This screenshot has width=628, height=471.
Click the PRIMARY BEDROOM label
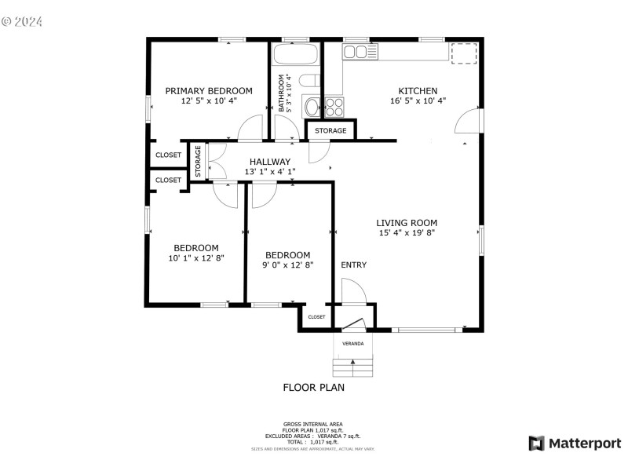pos(208,91)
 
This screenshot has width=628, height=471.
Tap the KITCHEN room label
pos(418,91)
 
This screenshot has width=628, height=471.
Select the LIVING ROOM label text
pos(407,223)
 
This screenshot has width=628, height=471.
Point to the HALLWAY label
pos(248,162)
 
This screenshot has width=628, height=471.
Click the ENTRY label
pos(353,265)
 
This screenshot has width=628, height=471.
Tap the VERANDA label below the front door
pos(352,344)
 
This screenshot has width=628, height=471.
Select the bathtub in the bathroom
pos(295,55)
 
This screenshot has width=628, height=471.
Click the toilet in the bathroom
pos(311,80)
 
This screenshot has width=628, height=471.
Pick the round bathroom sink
pos(312,107)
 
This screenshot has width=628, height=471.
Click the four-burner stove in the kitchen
pos(334,107)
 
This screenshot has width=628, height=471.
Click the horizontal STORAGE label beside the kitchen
pos(330,131)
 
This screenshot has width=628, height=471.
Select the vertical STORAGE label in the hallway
pos(199,160)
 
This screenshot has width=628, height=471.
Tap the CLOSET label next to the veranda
pos(316,317)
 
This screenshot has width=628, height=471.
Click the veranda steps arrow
pos(352,362)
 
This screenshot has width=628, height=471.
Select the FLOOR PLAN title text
pos(313,387)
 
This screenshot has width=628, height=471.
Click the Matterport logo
pos(575,444)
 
